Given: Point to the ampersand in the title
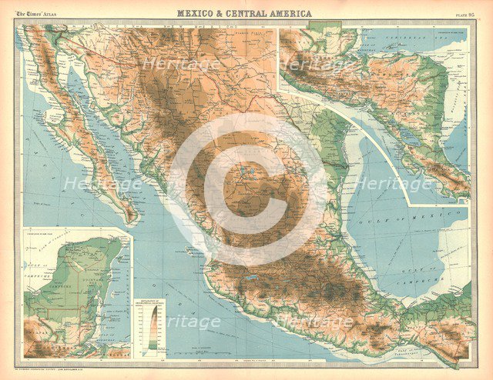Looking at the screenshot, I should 224,13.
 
